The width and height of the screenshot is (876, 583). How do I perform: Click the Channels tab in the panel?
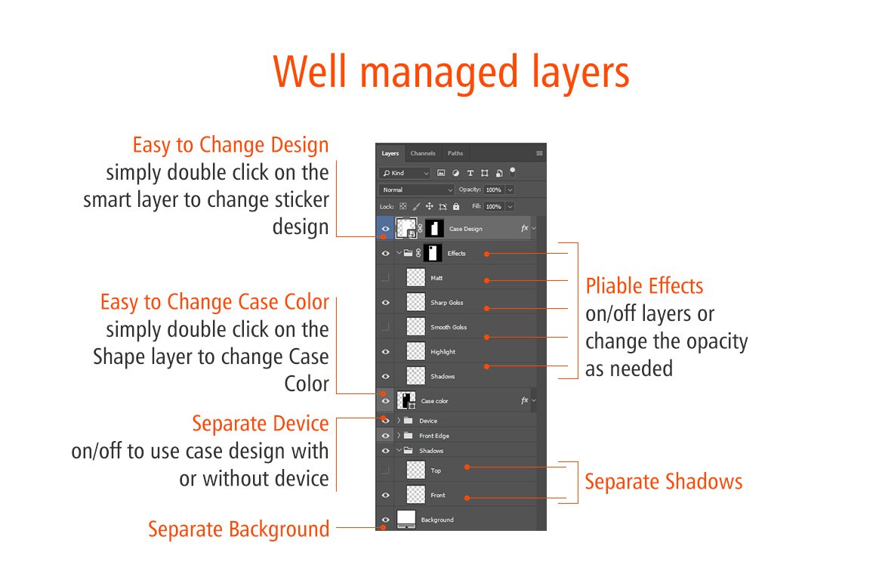[422, 153]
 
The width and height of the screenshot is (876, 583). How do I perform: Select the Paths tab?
[455, 153]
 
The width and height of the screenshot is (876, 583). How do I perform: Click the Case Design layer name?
[465, 229]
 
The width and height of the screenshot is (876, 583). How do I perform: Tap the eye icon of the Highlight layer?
[385, 352]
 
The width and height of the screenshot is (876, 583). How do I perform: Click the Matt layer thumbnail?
[415, 278]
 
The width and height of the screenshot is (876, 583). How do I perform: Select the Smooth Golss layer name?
[449, 327]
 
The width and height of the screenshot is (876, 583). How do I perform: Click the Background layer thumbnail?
[406, 519]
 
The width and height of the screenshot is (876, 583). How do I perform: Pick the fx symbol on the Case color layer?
[524, 400]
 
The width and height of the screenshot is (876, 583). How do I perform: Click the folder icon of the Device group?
[409, 421]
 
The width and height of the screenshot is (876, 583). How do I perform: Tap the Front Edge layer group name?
[434, 436]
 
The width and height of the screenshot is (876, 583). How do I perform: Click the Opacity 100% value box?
[494, 190]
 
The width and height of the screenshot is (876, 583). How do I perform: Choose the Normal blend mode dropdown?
[417, 190]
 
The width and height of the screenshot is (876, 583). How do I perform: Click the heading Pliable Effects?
[644, 286]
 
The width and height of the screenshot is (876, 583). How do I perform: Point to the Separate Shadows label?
[664, 481]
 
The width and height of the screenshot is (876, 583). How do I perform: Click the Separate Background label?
[239, 529]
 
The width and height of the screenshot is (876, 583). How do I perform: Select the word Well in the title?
[310, 72]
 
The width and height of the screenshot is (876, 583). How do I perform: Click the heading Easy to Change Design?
[231, 145]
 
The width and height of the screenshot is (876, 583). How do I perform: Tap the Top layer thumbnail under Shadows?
[415, 470]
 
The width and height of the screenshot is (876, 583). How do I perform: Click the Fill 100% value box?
[494, 207]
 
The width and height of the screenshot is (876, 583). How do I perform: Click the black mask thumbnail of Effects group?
[433, 253]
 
